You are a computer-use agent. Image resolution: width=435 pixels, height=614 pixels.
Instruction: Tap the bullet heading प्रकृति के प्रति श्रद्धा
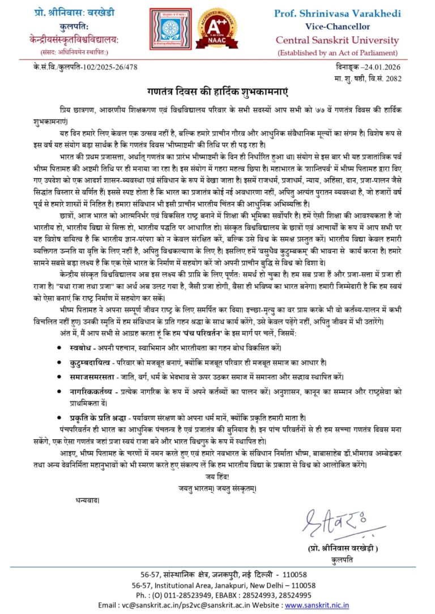[105, 415]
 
